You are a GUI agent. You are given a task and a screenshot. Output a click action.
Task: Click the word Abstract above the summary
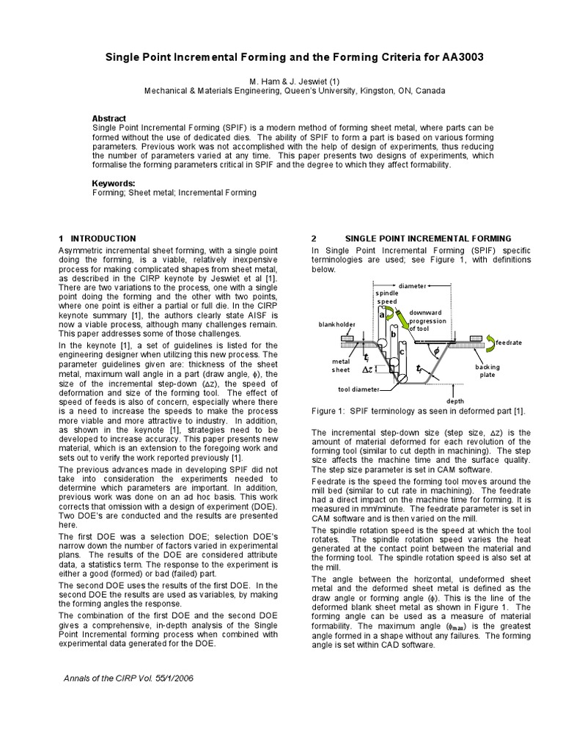108,118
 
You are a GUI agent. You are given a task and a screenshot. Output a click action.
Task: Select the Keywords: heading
113,182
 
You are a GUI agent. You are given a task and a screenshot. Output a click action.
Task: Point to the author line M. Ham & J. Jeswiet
282,80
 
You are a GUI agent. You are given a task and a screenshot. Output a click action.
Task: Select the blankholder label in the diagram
336,323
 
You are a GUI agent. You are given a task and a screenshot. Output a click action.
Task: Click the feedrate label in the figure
508,342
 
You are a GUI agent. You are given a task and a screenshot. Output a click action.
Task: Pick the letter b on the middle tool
394,334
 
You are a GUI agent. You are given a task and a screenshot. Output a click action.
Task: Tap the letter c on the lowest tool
401,352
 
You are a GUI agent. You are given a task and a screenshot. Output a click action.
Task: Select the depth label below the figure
455,401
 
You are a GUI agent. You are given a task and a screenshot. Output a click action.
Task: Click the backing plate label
487,370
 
